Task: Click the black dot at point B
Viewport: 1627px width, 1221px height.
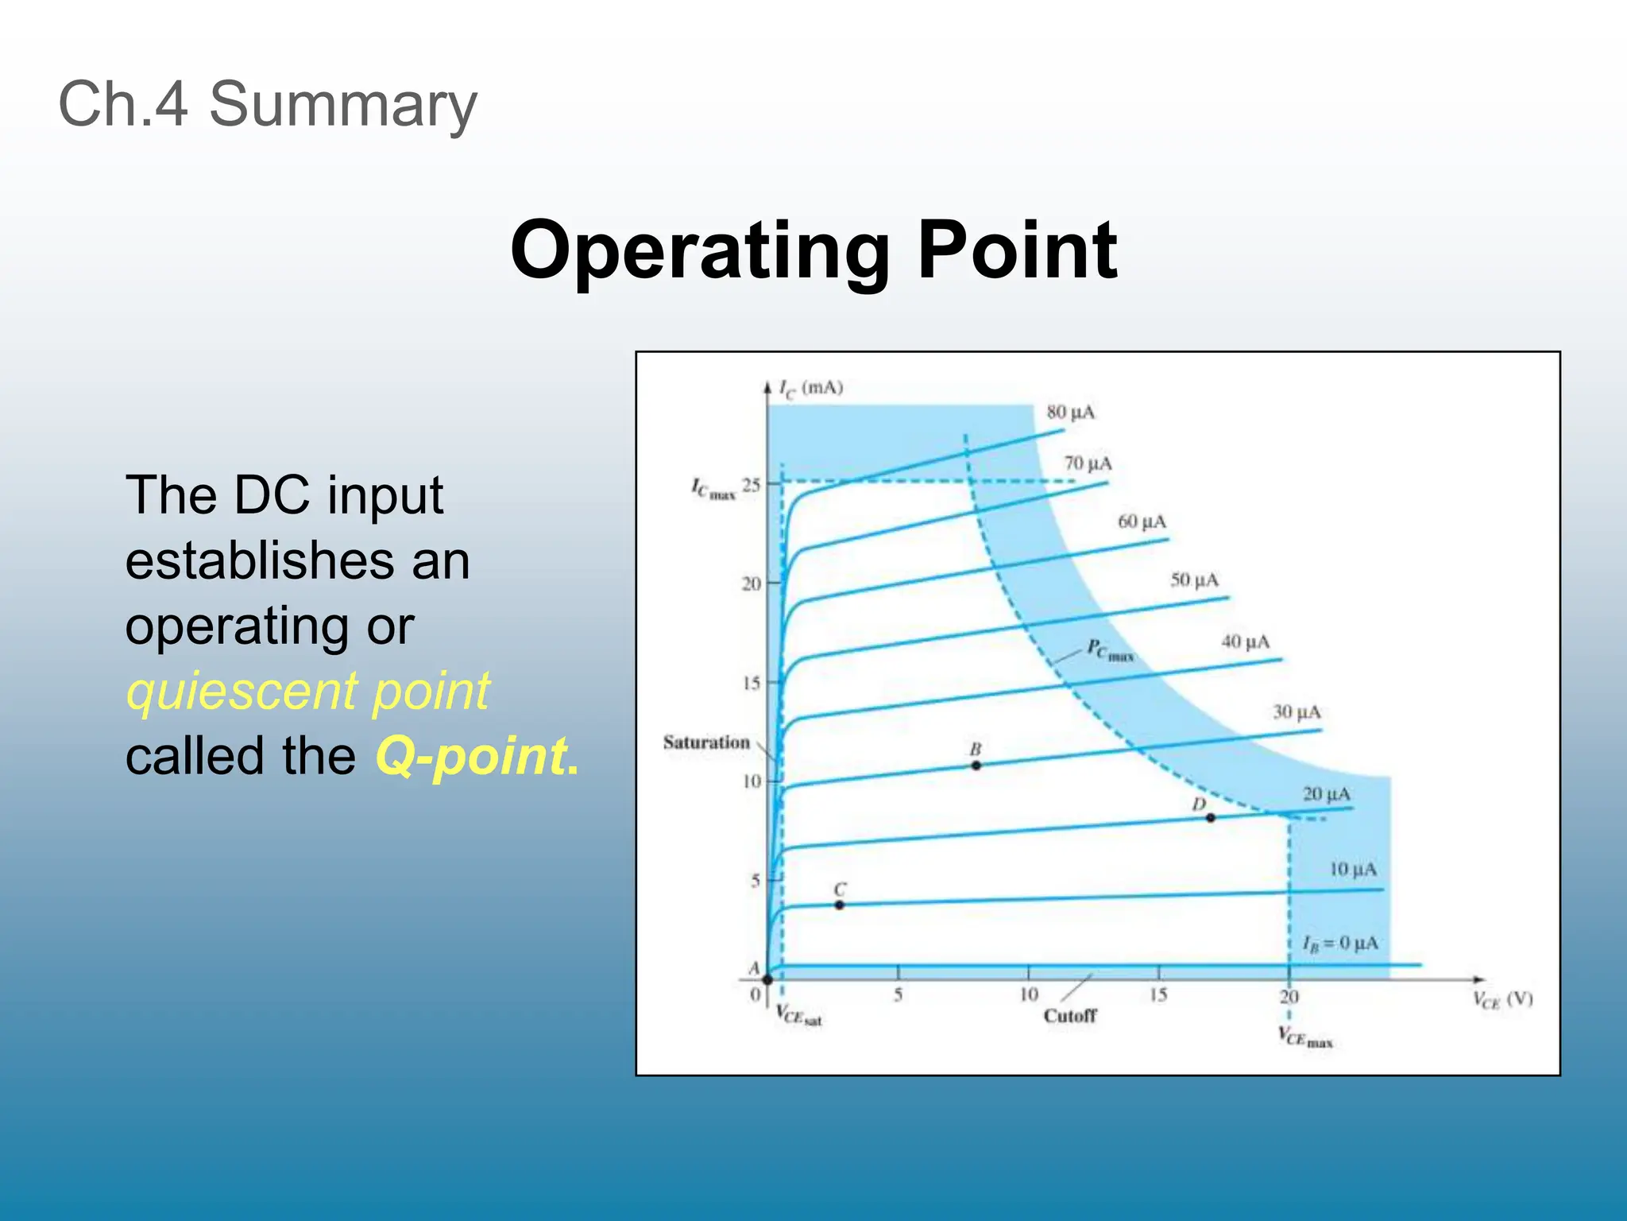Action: (x=976, y=766)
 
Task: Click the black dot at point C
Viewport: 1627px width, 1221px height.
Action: (x=840, y=905)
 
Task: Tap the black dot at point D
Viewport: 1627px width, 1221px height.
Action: (x=1211, y=818)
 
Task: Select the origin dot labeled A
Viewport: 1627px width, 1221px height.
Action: (x=767, y=979)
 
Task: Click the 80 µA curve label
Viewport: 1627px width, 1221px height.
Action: (x=1070, y=412)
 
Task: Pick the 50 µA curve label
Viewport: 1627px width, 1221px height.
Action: (x=1194, y=579)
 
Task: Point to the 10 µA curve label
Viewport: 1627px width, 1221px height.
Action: (x=1353, y=869)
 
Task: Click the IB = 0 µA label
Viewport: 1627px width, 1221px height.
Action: (x=1340, y=944)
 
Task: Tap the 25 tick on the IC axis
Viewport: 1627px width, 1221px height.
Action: (x=751, y=484)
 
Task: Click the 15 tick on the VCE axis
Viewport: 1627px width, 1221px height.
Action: (x=1158, y=994)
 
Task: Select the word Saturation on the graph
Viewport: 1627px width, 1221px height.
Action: (x=706, y=742)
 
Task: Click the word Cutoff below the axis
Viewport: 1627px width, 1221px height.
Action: (x=1070, y=1016)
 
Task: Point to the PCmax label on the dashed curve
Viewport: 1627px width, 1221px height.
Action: (x=1110, y=650)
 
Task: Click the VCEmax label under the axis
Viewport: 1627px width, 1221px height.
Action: (x=1304, y=1037)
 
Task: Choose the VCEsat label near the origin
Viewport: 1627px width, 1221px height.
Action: (x=798, y=1016)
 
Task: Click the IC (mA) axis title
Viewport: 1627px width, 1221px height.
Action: (x=810, y=388)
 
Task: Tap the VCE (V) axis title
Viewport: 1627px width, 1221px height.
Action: (x=1501, y=1000)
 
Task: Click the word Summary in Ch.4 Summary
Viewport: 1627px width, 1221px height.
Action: (x=342, y=104)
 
